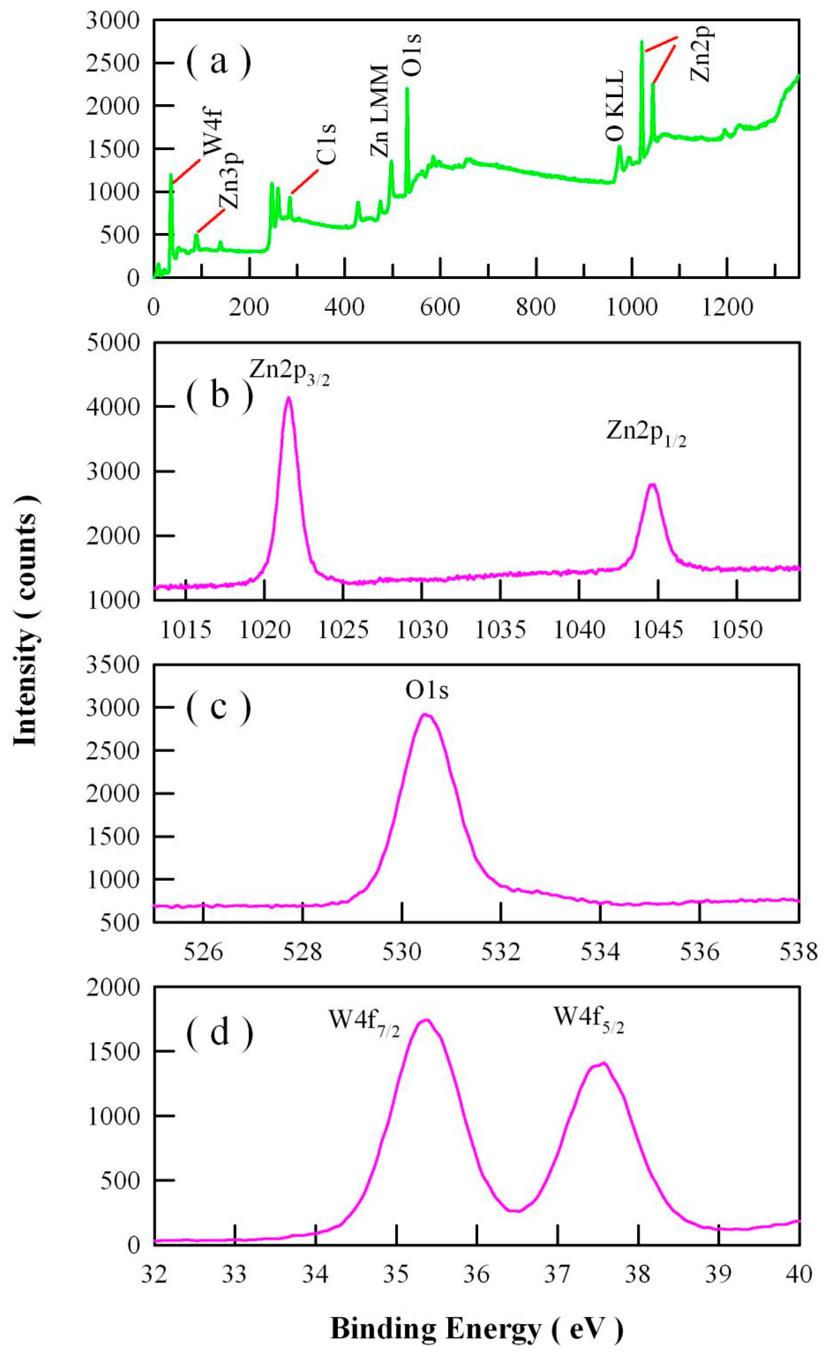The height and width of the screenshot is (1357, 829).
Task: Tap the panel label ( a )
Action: click(x=219, y=62)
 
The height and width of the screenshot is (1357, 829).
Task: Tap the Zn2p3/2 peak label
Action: click(x=289, y=373)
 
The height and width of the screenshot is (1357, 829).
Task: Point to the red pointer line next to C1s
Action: click(x=304, y=182)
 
